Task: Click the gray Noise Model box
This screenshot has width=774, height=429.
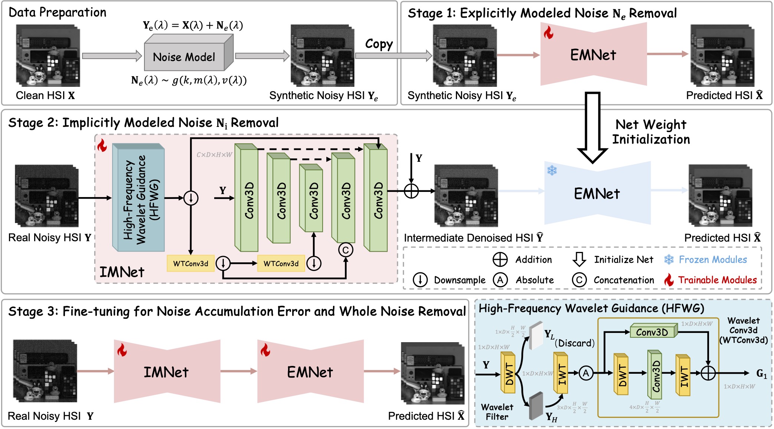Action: pos(184,57)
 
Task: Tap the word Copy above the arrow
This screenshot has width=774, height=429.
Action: pos(379,44)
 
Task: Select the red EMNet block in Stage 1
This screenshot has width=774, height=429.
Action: pos(593,55)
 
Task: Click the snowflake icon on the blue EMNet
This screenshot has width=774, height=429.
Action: pos(552,171)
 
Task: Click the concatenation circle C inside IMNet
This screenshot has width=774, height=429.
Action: pos(346,250)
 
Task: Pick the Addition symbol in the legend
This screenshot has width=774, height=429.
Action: pos(500,259)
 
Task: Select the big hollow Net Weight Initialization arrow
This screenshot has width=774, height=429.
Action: pos(592,126)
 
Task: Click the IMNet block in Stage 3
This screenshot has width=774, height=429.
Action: pos(166,372)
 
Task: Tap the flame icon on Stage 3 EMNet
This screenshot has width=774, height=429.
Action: pos(265,350)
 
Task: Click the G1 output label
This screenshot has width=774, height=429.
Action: pos(761,373)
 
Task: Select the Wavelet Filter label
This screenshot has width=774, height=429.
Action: pos(497,412)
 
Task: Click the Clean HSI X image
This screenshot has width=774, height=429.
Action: pos(48,56)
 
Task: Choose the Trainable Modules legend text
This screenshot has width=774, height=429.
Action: pos(717,280)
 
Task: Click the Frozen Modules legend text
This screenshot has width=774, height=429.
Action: pos(713,259)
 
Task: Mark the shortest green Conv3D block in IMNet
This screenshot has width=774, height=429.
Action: pos(311,199)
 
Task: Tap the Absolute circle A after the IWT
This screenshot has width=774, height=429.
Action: pos(586,373)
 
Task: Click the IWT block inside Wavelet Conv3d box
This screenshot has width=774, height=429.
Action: pos(683,375)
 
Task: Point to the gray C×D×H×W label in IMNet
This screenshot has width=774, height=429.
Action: pos(214,154)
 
